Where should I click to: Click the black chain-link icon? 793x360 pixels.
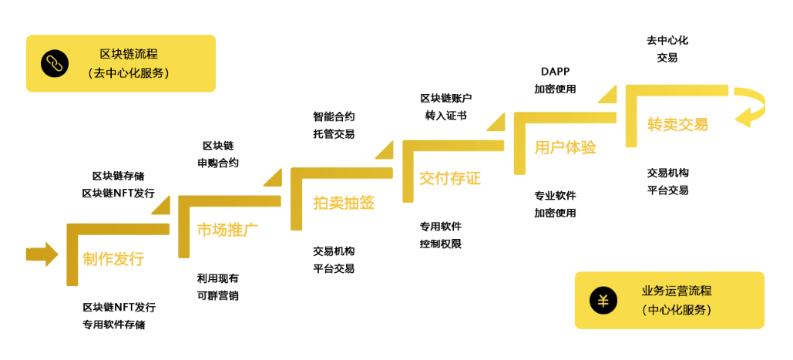point(54,63)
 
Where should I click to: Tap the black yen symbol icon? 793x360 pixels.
point(603,301)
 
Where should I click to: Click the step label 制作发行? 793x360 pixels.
point(113,259)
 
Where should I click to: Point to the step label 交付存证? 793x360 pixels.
point(449,178)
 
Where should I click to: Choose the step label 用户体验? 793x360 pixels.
point(565,147)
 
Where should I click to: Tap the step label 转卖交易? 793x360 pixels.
point(677,124)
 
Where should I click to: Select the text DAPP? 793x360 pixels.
point(555,72)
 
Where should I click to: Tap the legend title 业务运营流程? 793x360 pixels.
point(676,291)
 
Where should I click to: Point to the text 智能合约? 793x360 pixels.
point(334,117)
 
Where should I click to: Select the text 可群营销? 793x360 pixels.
point(218,295)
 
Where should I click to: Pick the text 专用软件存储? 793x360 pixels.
point(113,325)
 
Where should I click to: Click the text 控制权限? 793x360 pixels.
point(440,244)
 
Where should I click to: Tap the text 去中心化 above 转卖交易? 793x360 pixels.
point(667,39)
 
